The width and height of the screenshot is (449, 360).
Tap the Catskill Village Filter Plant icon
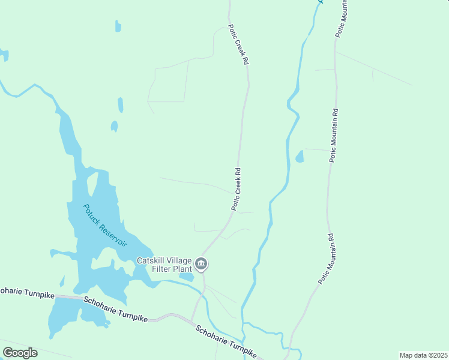pyautogui.click(x=202, y=264)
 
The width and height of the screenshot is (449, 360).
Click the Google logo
pyautogui.click(x=20, y=352)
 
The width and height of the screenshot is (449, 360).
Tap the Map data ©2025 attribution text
pyautogui.click(x=423, y=355)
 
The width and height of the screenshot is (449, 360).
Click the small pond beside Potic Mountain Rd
pyautogui.click(x=300, y=157)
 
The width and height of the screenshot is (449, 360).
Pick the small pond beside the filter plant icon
pyautogui.click(x=186, y=277)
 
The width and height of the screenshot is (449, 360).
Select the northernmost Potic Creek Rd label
pyautogui.click(x=238, y=46)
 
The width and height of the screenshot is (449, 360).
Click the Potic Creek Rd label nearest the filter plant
pyautogui.click(x=237, y=188)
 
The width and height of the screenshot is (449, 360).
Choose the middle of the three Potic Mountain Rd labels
pyautogui.click(x=334, y=135)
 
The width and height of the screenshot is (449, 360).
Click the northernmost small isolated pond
pyautogui.click(x=118, y=26)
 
